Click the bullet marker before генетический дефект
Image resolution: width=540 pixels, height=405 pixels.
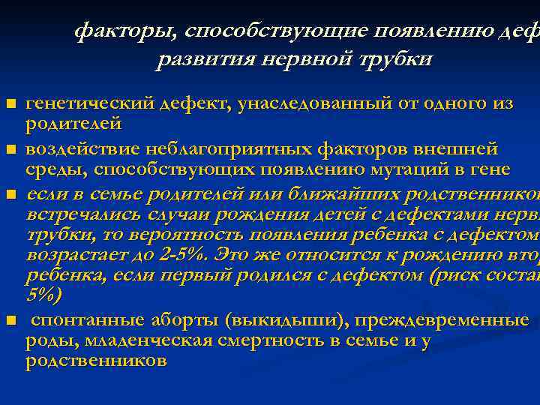point(10,103)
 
